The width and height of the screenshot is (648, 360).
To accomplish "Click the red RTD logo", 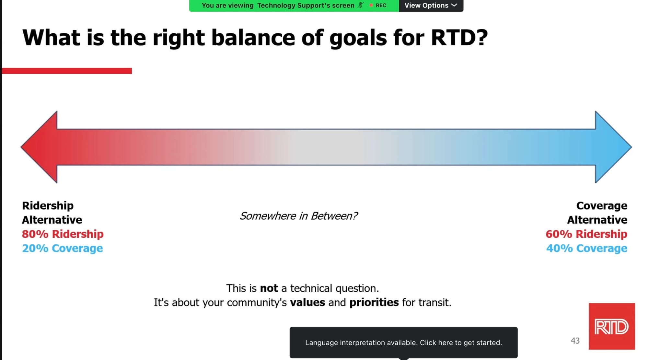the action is (612, 326).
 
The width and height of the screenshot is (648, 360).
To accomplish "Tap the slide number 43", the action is (575, 341).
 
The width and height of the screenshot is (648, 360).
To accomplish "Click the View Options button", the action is (431, 6).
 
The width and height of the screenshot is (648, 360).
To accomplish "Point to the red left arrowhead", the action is (39, 147).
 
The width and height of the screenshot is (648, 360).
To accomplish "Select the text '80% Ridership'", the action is (63, 234).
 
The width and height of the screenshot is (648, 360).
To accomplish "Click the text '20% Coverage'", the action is (63, 248).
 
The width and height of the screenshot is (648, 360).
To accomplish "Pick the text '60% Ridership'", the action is (586, 234).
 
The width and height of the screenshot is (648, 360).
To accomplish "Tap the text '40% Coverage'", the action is (587, 248).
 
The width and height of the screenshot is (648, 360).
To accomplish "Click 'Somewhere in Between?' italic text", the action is (299, 216).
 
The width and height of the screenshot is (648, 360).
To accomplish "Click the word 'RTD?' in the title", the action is (459, 37).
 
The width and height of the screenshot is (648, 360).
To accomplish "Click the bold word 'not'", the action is (269, 288).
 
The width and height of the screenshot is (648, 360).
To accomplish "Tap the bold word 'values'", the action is (307, 302).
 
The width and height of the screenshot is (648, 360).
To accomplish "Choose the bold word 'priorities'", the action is (374, 303).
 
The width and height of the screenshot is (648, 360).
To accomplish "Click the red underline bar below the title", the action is (67, 71).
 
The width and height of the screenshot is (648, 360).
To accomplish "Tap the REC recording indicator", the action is (378, 6).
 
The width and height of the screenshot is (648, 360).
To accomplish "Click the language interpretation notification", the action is (404, 343).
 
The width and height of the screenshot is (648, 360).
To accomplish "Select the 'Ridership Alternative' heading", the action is (52, 213).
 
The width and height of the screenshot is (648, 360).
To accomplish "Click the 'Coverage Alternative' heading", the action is (597, 213).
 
